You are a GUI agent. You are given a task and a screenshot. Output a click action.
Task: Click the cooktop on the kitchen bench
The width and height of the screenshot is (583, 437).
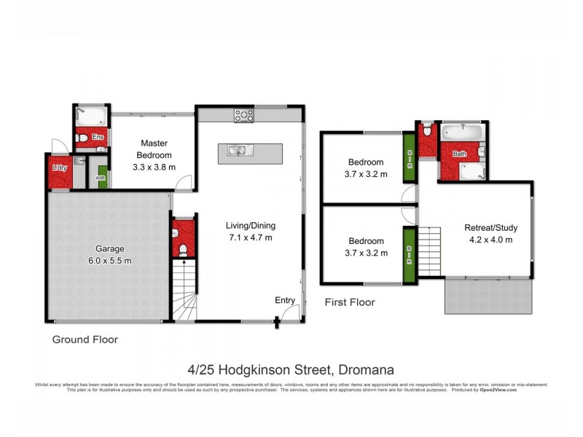point(243,115)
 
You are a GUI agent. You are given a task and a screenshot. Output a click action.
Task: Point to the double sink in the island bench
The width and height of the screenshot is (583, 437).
point(237,151)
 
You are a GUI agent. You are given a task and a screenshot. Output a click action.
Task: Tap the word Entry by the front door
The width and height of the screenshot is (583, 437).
point(285,300)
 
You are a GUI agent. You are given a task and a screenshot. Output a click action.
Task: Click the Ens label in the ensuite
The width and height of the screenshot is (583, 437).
point(98,136)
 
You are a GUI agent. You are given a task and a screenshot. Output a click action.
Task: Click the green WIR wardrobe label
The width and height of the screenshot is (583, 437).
point(102,177)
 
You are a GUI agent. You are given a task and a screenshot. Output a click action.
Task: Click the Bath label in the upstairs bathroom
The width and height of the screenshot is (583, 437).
point(459,154)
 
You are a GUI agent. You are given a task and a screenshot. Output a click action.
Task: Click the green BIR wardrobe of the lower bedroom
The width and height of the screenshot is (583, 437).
point(410,252)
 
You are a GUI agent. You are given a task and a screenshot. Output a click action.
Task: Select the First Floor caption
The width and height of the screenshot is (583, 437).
point(350,302)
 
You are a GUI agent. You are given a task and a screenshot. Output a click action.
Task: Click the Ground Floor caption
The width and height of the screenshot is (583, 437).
point(85,339)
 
